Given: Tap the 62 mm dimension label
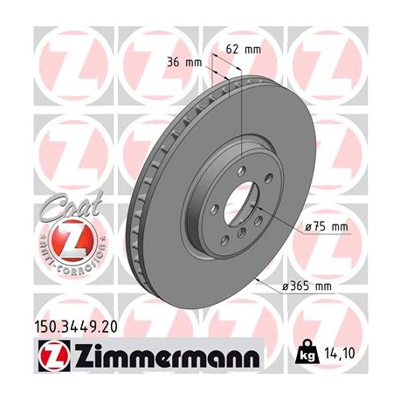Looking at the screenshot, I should [248, 49].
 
